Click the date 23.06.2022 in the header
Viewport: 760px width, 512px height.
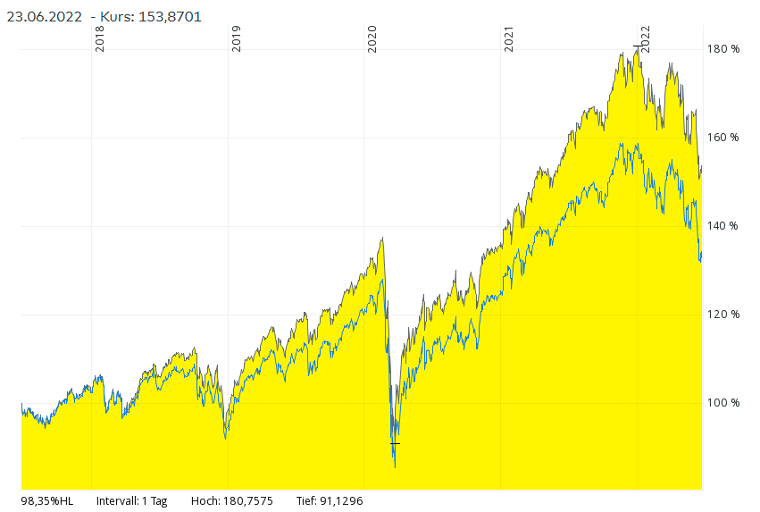tap(44, 16)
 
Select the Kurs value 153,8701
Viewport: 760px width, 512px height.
tap(164, 16)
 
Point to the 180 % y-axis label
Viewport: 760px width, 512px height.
tap(724, 49)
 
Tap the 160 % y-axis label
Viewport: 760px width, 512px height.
tap(724, 138)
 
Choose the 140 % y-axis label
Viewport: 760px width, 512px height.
tap(724, 226)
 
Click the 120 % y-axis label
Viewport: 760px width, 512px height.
tap(724, 315)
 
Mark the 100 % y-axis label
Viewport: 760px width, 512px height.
tap(724, 403)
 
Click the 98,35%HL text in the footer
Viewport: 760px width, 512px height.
tap(46, 500)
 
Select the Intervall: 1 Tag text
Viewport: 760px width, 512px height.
tap(131, 500)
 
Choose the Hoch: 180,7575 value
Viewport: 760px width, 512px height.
tap(231, 500)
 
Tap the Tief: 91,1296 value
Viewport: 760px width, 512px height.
tap(330, 500)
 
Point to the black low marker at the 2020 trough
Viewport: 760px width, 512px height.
tap(396, 442)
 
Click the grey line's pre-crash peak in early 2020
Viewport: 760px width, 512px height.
tap(382, 239)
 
